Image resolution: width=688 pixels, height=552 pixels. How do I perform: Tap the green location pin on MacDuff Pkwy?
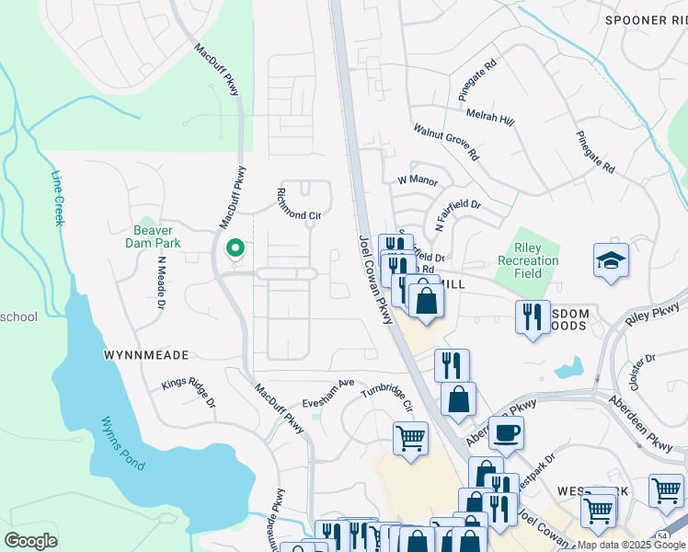tap(235, 248)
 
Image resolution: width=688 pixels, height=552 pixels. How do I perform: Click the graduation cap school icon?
tap(611, 261)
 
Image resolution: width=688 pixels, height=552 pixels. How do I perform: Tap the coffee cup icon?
tap(505, 431)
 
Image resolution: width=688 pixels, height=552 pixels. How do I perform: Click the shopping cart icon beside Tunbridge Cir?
tap(410, 438)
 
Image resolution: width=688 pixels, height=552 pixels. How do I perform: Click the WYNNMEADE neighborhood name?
tap(146, 354)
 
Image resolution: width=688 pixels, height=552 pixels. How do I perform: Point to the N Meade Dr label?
tap(161, 282)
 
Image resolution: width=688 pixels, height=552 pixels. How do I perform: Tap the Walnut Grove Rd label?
tap(446, 143)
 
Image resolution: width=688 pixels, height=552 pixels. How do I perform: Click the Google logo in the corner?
tap(30, 540)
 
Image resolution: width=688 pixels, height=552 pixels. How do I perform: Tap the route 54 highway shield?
tap(661, 535)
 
